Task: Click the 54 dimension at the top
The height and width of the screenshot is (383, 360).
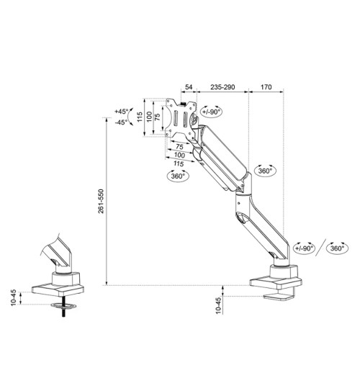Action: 189,87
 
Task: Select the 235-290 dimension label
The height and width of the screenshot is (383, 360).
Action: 222,87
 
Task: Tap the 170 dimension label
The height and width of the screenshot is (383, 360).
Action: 266,87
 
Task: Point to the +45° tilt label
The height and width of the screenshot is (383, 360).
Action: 121,112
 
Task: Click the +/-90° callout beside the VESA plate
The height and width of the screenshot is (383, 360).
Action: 212,112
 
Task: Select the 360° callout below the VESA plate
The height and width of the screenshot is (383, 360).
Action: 178,175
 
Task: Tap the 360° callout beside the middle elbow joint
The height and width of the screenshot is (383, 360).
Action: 264,171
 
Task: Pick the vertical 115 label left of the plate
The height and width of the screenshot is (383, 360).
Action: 141,117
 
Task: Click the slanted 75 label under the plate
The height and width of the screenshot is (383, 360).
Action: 179,146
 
